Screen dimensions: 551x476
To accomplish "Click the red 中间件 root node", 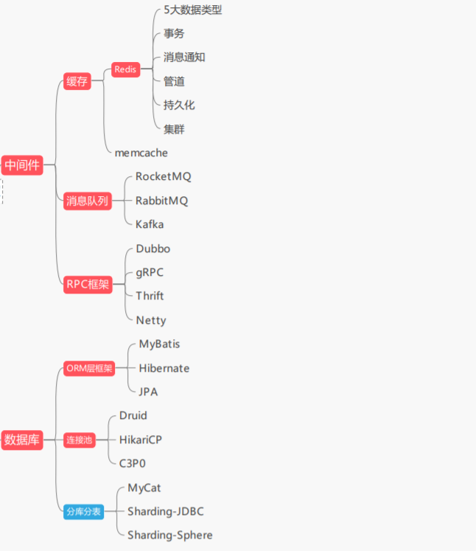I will pyautogui.click(x=21, y=165).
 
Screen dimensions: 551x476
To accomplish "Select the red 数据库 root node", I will pyautogui.click(x=21, y=440).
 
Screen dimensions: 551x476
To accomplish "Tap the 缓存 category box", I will pyautogui.click(x=77, y=81).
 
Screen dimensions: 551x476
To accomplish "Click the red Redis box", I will pyautogui.click(x=125, y=69).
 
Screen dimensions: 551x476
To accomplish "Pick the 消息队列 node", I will pyautogui.click(x=87, y=201).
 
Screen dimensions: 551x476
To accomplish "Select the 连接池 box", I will pyautogui.click(x=79, y=440).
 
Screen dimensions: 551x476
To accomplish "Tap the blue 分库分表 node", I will pyautogui.click(x=83, y=510).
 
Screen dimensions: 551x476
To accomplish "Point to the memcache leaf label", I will pyautogui.click(x=141, y=153).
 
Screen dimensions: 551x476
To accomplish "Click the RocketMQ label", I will pyautogui.click(x=163, y=176).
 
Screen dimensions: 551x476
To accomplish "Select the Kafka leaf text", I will pyautogui.click(x=150, y=223).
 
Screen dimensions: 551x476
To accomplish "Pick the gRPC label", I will pyautogui.click(x=150, y=272).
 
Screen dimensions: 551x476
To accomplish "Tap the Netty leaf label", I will pyautogui.click(x=151, y=320).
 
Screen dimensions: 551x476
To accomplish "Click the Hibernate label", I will pyautogui.click(x=164, y=367).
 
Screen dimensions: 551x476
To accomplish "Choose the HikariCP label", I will pyautogui.click(x=140, y=440).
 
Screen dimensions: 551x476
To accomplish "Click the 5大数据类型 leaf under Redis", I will pyautogui.click(x=192, y=10).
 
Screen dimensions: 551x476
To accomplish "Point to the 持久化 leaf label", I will pyautogui.click(x=179, y=105).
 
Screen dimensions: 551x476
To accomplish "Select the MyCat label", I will pyautogui.click(x=144, y=488).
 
